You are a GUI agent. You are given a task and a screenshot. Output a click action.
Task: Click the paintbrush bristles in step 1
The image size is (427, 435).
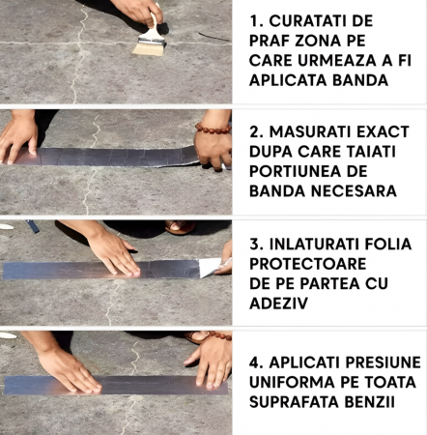click(x=149, y=49)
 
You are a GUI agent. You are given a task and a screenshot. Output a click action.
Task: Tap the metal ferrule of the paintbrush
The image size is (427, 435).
click(x=151, y=41)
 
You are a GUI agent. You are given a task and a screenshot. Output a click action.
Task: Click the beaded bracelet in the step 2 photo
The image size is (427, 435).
click(x=213, y=129)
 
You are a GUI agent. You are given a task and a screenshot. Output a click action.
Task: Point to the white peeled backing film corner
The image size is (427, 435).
click(x=210, y=268)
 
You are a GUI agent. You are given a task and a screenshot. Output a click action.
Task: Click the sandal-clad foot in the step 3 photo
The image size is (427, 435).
click(x=180, y=227)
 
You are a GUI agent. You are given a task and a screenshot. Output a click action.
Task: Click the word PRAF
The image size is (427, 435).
click(x=270, y=41)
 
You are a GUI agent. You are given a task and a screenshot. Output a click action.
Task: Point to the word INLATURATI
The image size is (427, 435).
click(x=315, y=245)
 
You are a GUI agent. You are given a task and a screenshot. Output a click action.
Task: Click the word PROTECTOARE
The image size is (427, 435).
click(x=308, y=264)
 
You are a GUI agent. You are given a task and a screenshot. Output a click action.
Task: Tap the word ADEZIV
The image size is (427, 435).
click(x=279, y=304)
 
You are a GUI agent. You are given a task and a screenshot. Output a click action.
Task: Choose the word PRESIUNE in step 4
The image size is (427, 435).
click(x=383, y=362)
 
